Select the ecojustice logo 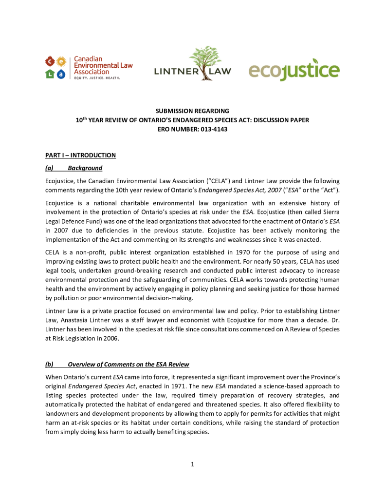(294, 70)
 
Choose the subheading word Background (85, 168)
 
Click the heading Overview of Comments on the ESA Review (128, 365)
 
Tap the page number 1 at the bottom (193, 464)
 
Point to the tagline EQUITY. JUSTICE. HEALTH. (96, 78)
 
